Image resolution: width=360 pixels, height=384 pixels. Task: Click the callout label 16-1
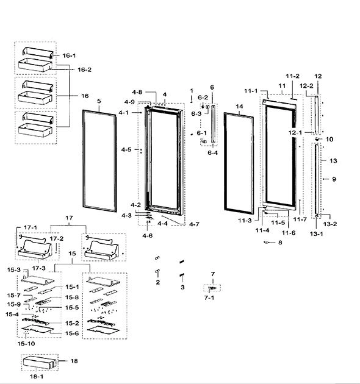pyautogui.click(x=69, y=55)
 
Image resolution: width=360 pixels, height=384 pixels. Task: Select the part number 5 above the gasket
pyautogui.click(x=99, y=101)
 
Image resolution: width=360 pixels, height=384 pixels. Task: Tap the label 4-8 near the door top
pyautogui.click(x=137, y=92)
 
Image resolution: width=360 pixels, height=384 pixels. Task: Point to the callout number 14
pyautogui.click(x=239, y=106)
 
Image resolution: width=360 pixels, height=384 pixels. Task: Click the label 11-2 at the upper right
pyautogui.click(x=292, y=76)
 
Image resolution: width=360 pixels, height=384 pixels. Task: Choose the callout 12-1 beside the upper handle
pyautogui.click(x=295, y=132)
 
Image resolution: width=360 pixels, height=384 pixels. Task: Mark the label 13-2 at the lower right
pyautogui.click(x=330, y=224)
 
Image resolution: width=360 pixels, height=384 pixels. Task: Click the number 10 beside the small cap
pyautogui.click(x=329, y=139)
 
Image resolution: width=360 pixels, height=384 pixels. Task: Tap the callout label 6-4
pyautogui.click(x=212, y=153)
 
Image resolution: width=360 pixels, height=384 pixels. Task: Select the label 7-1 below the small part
pyautogui.click(x=209, y=297)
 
